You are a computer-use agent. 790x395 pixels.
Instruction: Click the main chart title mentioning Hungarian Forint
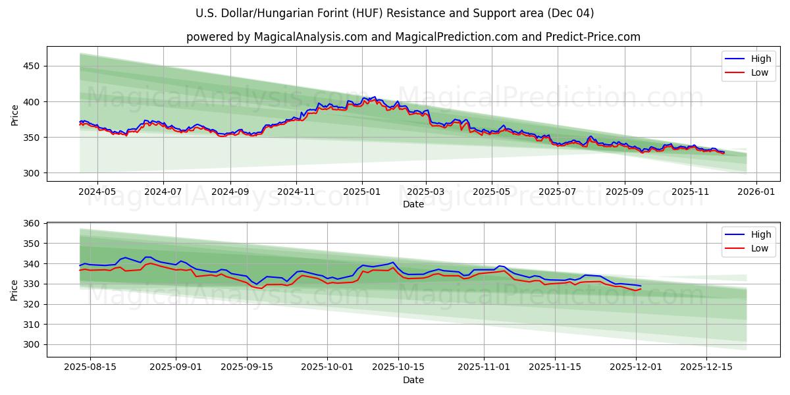tap(395, 13)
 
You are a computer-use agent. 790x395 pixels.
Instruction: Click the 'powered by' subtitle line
tap(413, 37)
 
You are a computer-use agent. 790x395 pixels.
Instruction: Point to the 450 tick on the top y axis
tap(32, 66)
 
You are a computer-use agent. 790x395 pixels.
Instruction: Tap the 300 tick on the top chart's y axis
tap(32, 173)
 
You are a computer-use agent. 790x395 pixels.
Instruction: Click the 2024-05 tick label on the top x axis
tap(97, 192)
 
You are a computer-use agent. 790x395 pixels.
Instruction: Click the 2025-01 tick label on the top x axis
tap(361, 192)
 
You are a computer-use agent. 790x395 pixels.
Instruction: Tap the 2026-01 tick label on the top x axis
tap(756, 192)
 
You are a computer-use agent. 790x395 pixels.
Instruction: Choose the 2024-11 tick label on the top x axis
tap(296, 192)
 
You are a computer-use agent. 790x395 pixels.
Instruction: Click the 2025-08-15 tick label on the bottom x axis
tap(90, 367)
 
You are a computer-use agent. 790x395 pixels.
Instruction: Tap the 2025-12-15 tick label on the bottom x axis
tap(706, 367)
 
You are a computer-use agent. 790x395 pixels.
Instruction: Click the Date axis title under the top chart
tap(413, 204)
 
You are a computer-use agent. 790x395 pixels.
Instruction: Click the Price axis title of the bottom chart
tap(14, 289)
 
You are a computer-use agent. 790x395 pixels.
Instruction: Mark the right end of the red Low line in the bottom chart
tap(641, 288)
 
